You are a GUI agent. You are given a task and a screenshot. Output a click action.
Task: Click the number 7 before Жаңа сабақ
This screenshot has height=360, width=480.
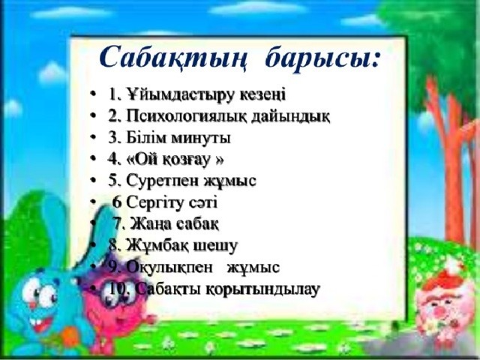coord(117,223)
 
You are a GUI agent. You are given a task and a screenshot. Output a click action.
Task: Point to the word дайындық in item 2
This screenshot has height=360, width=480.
coord(293,117)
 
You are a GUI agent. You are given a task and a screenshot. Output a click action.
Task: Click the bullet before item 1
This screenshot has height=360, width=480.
coord(91,96)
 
